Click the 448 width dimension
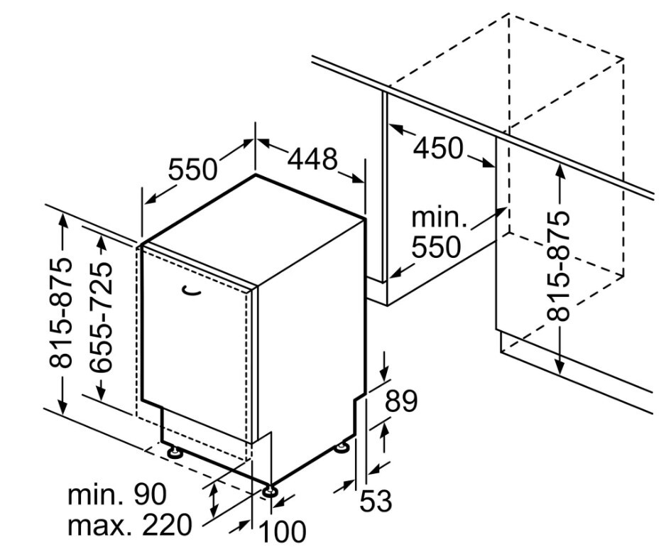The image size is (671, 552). click(312, 159)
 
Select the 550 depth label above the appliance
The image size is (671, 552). click(192, 169)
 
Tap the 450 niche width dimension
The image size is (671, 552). click(438, 148)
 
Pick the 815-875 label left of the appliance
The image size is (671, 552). click(60, 313)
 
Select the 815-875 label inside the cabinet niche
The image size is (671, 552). click(558, 266)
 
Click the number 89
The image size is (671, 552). click(401, 401)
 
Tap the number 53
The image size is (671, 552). click(376, 501)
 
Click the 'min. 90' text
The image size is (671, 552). click(117, 494)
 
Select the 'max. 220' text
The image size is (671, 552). click(130, 525)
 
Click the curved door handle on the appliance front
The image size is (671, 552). click(191, 290)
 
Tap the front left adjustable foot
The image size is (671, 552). click(174, 453)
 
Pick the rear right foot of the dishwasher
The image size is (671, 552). click(342, 448)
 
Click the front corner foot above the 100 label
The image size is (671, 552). click(270, 490)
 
